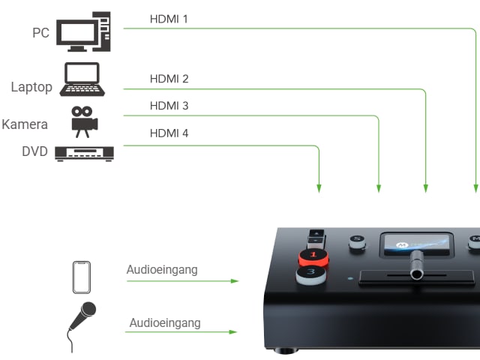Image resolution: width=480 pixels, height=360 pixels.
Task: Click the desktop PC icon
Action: click(x=83, y=31)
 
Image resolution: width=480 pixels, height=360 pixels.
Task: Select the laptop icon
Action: click(x=82, y=79)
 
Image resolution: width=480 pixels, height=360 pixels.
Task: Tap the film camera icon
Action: click(x=85, y=121)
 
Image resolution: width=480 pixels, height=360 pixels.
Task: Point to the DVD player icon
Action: click(x=84, y=154)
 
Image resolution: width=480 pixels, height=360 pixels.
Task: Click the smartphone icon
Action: click(x=82, y=277)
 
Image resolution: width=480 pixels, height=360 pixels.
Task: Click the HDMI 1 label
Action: click(x=169, y=19)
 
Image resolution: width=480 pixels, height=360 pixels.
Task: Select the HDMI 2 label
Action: click(x=169, y=79)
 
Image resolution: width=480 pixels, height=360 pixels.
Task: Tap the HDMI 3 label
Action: click(x=169, y=106)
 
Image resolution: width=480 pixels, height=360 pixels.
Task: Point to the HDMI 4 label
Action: click(x=169, y=133)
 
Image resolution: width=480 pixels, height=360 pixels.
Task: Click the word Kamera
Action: click(x=25, y=124)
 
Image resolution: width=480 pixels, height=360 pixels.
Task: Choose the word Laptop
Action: click(x=31, y=87)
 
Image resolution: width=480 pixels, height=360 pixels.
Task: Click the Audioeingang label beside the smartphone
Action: click(x=162, y=270)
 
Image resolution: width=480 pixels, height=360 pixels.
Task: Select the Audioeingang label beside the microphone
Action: click(x=165, y=323)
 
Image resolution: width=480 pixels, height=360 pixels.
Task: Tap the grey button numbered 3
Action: click(x=311, y=274)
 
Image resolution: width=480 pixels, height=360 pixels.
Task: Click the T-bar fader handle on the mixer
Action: click(x=417, y=265)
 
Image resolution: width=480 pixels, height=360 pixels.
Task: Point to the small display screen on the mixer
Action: click(x=417, y=244)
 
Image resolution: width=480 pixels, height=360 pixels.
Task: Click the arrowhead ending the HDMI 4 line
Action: click(x=319, y=188)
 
